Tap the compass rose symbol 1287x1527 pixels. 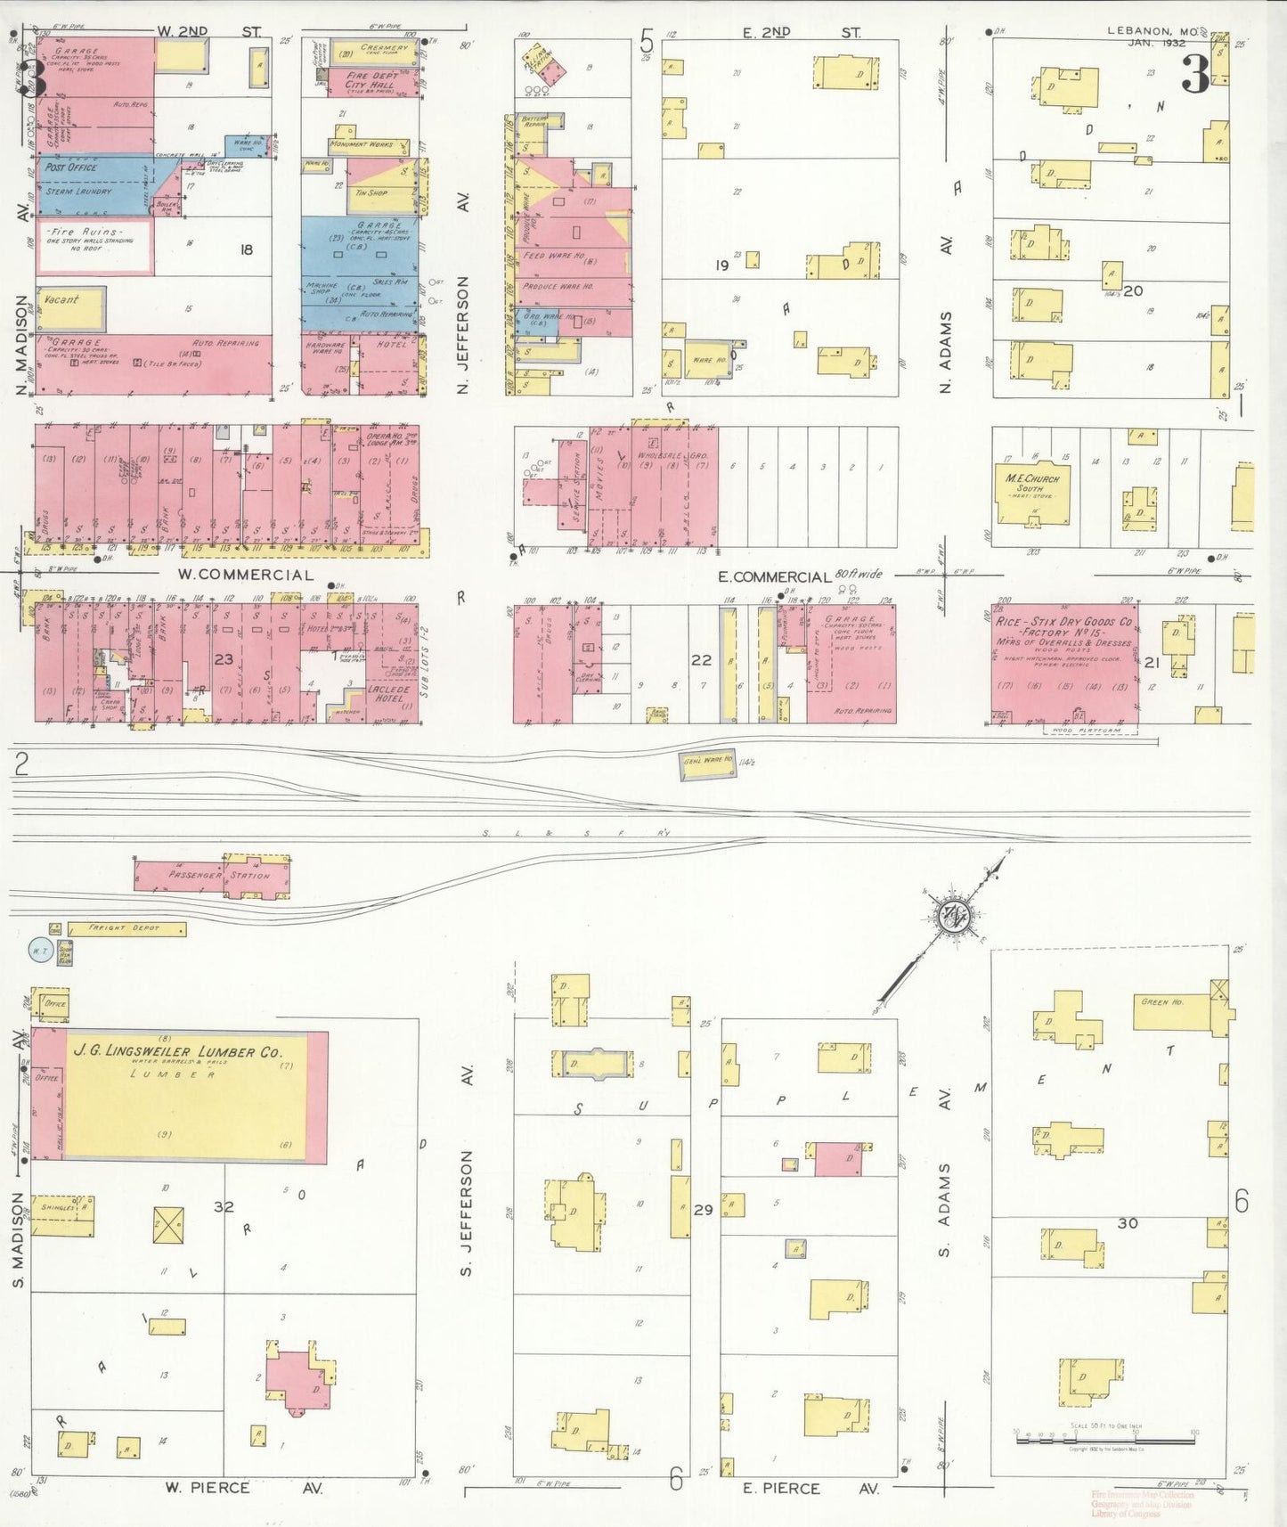pyautogui.click(x=954, y=914)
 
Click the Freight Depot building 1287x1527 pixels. pyautogui.click(x=126, y=928)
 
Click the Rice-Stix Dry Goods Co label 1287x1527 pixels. pyautogui.click(x=1063, y=621)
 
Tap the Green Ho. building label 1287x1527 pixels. pyautogui.click(x=1162, y=1002)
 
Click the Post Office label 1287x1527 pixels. pyautogui.click(x=71, y=167)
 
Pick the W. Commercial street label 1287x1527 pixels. pyautogui.click(x=245, y=576)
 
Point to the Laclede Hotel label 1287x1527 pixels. pyautogui.click(x=388, y=693)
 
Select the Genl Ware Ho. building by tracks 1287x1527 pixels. pyautogui.click(x=708, y=762)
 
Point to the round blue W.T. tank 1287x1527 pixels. pyautogui.click(x=40, y=951)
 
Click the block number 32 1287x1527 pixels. pyautogui.click(x=224, y=1206)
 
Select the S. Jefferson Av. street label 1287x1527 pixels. pyautogui.click(x=466, y=1212)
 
